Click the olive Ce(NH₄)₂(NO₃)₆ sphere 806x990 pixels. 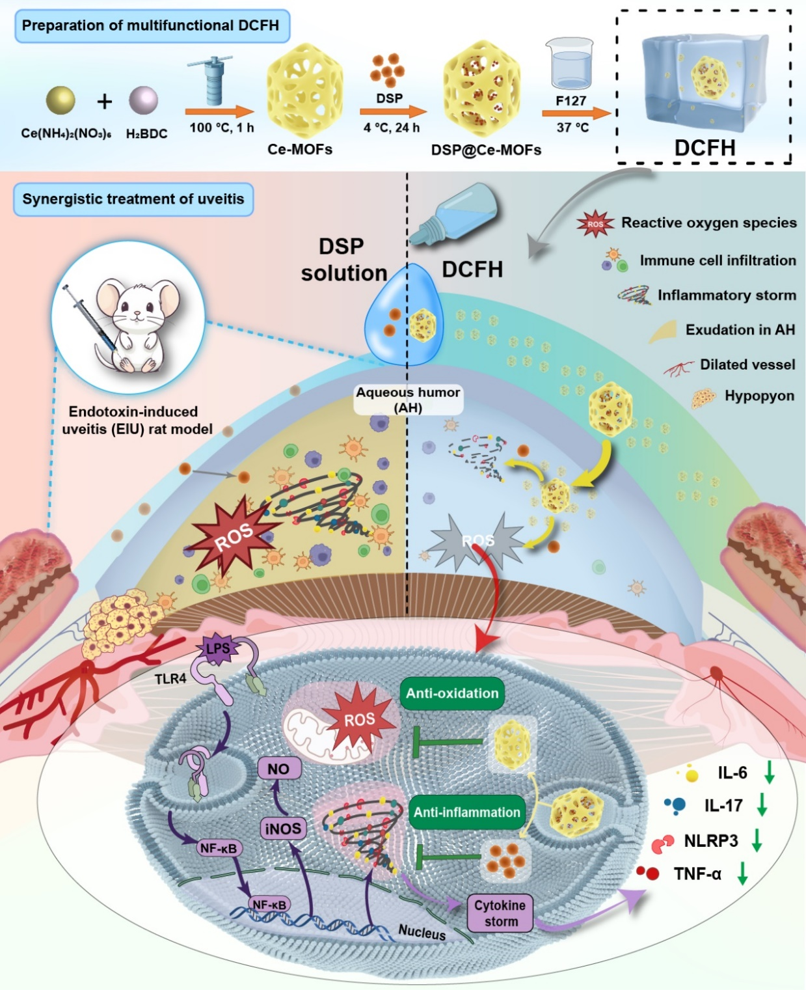(x=60, y=100)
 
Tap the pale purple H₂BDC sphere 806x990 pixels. (x=143, y=100)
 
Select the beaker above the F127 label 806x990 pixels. (x=571, y=63)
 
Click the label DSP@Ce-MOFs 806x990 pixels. (x=486, y=150)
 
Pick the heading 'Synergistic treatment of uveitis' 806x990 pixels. (x=133, y=199)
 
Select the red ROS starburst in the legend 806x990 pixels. (x=595, y=224)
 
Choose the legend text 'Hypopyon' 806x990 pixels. (x=759, y=396)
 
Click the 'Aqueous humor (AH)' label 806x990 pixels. (x=408, y=400)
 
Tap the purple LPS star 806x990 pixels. (x=217, y=648)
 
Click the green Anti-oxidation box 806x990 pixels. (x=452, y=693)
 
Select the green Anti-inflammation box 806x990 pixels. (x=466, y=812)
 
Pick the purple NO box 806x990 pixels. (x=279, y=769)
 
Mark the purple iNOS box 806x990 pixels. (x=283, y=829)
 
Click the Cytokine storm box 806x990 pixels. (x=500, y=913)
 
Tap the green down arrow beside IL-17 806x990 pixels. (x=762, y=805)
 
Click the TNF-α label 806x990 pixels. (x=697, y=873)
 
